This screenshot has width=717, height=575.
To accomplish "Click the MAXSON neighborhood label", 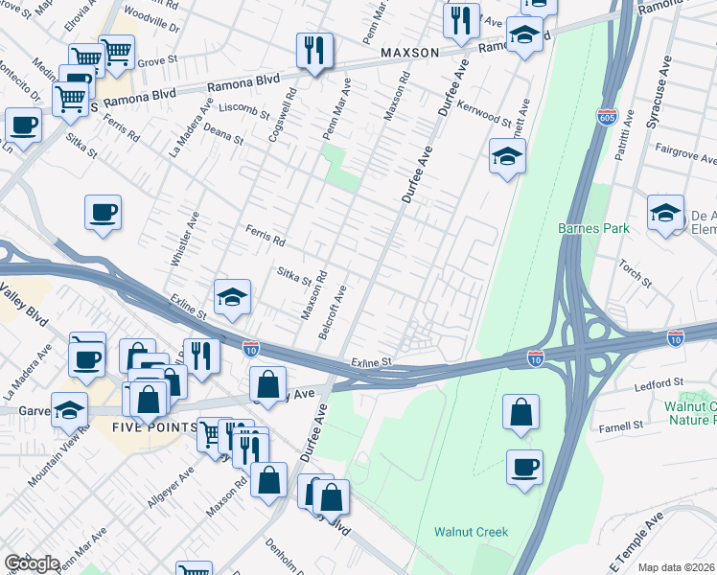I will pos(409,52).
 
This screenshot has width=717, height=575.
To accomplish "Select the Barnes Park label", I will pos(593,228).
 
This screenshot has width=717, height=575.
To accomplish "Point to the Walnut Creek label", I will pos(470,532).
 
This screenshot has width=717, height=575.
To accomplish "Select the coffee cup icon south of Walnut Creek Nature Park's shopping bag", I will pos(524,468).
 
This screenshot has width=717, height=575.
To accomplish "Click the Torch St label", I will pos(635,274).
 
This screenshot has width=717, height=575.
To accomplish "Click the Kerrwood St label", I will pos(484,113).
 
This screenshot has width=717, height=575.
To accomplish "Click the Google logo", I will pos(32,563).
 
